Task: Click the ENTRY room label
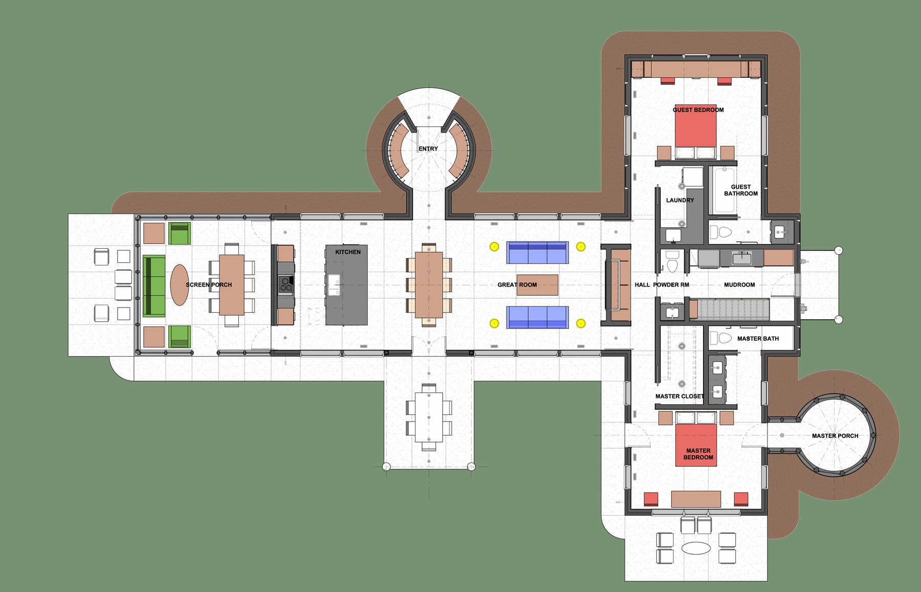pyautogui.click(x=428, y=148)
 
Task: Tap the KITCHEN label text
pyautogui.click(x=348, y=252)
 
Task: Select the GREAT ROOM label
pyautogui.click(x=517, y=284)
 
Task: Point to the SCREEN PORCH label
pyautogui.click(x=209, y=284)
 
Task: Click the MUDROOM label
pyautogui.click(x=739, y=284)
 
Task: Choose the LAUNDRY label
pyautogui.click(x=680, y=200)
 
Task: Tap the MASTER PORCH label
pyautogui.click(x=835, y=436)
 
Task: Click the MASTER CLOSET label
pyautogui.click(x=679, y=396)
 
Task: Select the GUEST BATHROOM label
pyautogui.click(x=741, y=190)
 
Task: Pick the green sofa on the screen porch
pyautogui.click(x=154, y=286)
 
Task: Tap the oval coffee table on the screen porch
pyautogui.click(x=180, y=285)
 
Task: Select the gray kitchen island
pyautogui.click(x=346, y=285)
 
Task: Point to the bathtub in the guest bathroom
pyautogui.click(x=723, y=190)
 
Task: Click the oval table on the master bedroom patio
pyautogui.click(x=696, y=548)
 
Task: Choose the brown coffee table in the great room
pyautogui.click(x=537, y=285)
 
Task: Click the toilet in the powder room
pyautogui.click(x=672, y=262)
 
